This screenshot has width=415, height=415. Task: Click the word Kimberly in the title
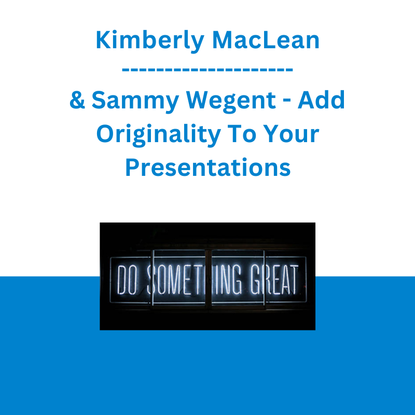pyautogui.click(x=150, y=41)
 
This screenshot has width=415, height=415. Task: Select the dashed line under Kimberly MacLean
pyautogui.click(x=208, y=70)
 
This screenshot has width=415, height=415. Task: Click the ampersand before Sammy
pyautogui.click(x=77, y=100)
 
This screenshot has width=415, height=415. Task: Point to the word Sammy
pyautogui.click(x=135, y=101)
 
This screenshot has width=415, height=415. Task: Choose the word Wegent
pyautogui.click(x=231, y=101)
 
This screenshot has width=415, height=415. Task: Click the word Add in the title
pyautogui.click(x=321, y=100)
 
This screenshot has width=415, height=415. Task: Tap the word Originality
pyautogui.click(x=159, y=135)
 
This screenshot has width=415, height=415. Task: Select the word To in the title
pyautogui.click(x=242, y=134)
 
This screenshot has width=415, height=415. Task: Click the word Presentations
pyautogui.click(x=208, y=167)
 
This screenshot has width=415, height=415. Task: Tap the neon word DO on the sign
pyautogui.click(x=127, y=280)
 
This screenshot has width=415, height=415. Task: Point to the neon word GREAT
pyautogui.click(x=274, y=279)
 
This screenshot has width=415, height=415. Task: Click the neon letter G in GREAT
pyautogui.click(x=256, y=280)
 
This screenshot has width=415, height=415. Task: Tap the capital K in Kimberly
pyautogui.click(x=103, y=40)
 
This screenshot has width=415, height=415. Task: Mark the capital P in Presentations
pyautogui.click(x=132, y=167)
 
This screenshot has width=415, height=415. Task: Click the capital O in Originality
pyautogui.click(x=105, y=134)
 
